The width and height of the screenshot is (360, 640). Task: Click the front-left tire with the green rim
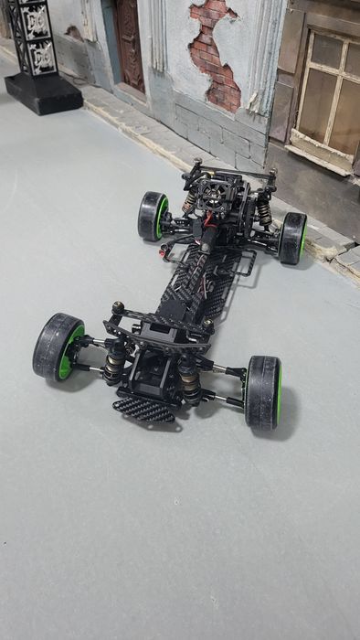(x=57, y=347)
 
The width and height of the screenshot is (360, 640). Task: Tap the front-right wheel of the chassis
(x=262, y=392)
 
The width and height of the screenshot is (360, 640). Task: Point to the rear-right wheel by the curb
(x=293, y=238)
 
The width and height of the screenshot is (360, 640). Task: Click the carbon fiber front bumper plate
(x=144, y=411)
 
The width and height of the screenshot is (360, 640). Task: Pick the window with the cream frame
(x=326, y=91)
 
